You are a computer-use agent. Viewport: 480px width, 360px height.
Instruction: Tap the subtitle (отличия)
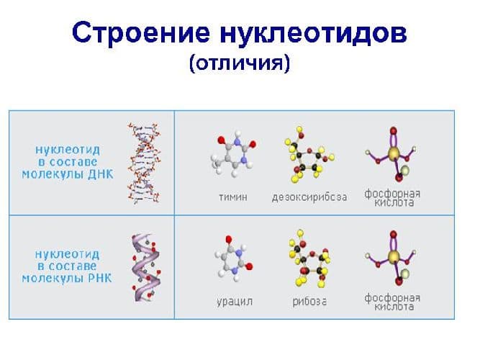(239, 63)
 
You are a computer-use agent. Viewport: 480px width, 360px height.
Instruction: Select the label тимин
(232, 197)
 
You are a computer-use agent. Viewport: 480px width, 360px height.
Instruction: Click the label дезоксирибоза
(309, 197)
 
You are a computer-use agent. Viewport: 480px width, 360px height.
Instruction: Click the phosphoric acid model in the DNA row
(393, 155)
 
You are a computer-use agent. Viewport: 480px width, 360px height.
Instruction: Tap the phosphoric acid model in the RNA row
(393, 258)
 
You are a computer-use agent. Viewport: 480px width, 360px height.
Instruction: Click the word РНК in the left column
(98, 278)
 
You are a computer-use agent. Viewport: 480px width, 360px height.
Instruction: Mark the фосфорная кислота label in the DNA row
(393, 198)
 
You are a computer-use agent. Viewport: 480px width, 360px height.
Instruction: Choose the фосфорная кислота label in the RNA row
(393, 302)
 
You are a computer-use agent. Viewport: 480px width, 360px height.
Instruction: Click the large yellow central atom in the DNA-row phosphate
(394, 153)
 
